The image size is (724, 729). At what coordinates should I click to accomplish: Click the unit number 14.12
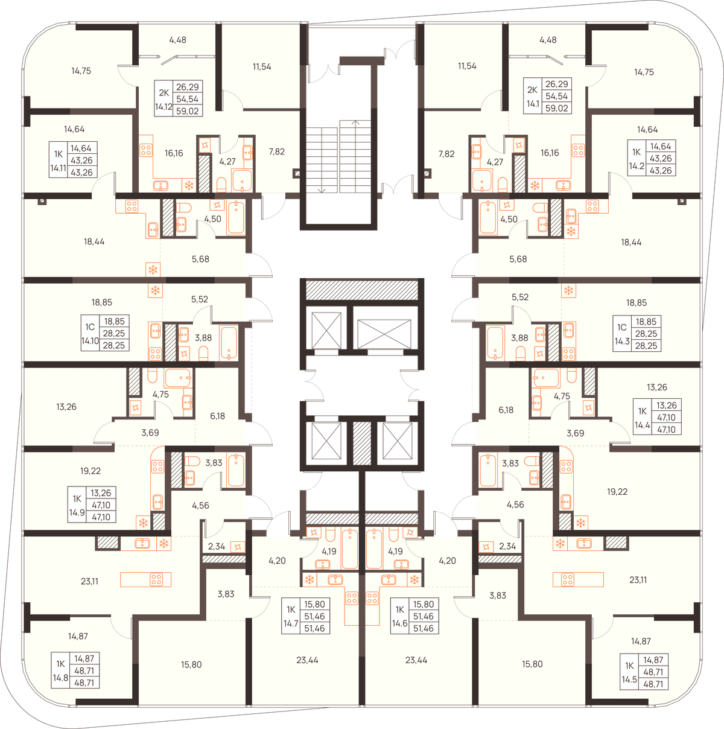tap(164, 107)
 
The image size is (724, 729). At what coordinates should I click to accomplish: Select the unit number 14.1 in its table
tap(533, 104)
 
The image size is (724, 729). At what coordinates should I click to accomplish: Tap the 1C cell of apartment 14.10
tap(90, 327)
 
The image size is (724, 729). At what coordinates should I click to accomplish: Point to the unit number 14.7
tap(291, 623)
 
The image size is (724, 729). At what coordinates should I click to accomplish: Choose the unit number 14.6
tap(399, 623)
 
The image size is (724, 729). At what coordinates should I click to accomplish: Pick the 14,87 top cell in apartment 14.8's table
tap(84, 658)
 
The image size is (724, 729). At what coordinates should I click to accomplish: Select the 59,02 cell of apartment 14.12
tap(187, 111)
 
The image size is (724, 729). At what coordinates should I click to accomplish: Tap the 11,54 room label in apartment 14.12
tap(262, 67)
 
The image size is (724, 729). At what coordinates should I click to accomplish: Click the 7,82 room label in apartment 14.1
tap(446, 154)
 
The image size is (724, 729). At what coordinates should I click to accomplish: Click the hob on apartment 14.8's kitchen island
tap(156, 579)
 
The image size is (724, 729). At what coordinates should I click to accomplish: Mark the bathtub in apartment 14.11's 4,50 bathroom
tap(236, 217)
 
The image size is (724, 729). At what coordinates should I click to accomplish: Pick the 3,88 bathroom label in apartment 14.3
tap(519, 338)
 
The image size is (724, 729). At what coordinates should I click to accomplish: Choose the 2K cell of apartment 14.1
tap(532, 90)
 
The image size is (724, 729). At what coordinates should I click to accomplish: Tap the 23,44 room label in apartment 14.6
tap(416, 660)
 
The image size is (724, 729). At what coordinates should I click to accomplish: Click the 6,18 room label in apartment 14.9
tap(218, 416)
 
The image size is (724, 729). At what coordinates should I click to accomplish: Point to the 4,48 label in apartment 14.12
tap(177, 40)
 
